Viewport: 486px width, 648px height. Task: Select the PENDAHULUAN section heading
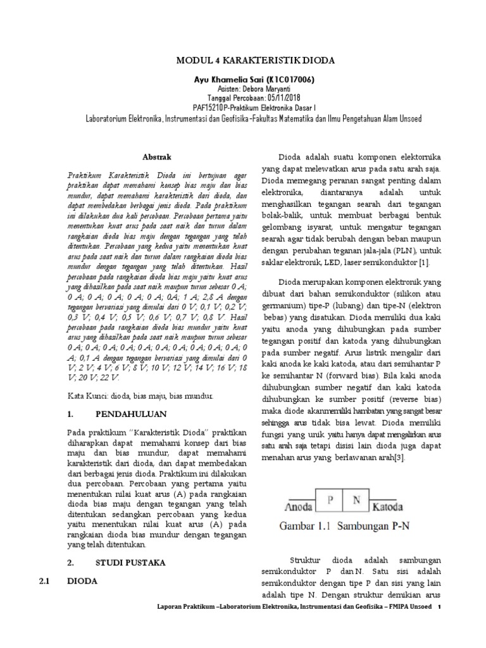[x=131, y=414]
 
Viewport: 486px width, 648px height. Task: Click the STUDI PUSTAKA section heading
[x=130, y=561]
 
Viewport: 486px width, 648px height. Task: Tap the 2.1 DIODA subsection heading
[x=82, y=580]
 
